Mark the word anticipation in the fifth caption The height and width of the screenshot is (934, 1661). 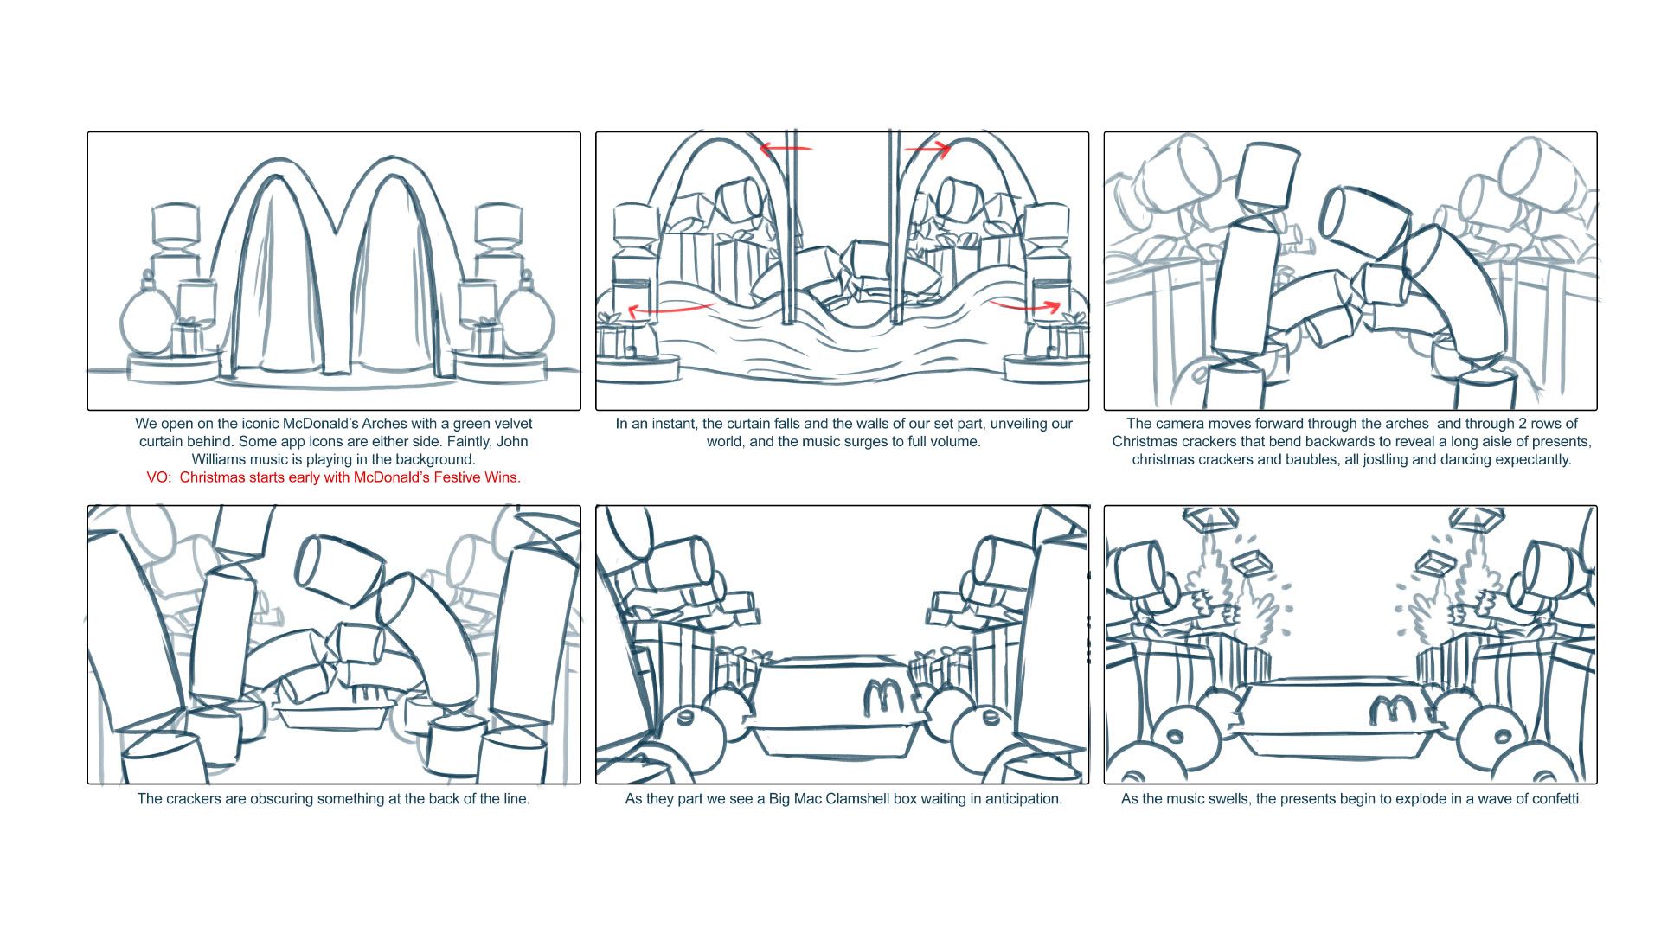1021,799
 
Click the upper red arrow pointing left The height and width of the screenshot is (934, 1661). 786,149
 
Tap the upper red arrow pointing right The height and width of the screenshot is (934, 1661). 927,150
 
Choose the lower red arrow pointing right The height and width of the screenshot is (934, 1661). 1027,305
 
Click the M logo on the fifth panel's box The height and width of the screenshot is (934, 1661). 884,694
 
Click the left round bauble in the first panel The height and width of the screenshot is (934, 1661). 144,320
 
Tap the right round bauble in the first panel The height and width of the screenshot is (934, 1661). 527,320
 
